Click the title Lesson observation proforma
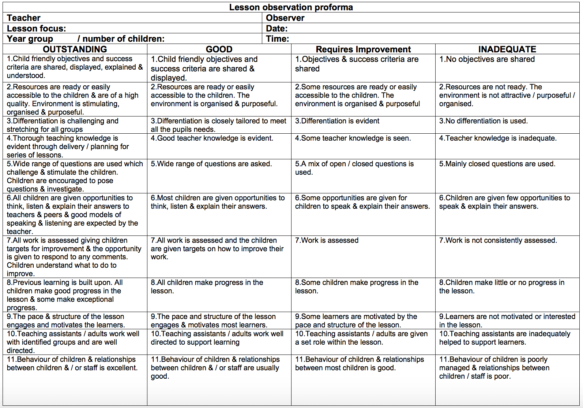[x=291, y=7]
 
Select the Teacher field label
[x=23, y=18]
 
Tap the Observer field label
[x=285, y=18]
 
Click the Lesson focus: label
[x=36, y=29]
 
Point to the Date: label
[x=277, y=29]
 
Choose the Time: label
[x=277, y=39]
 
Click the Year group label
[x=30, y=39]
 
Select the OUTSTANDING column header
[x=75, y=49]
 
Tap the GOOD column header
[x=219, y=49]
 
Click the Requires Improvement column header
[x=363, y=49]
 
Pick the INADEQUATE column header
[x=507, y=49]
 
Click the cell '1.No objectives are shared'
[x=487, y=59]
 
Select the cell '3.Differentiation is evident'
[x=337, y=121]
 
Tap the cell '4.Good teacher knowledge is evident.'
[x=212, y=138]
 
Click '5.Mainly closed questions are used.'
[x=497, y=164]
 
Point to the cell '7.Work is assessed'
[x=327, y=240]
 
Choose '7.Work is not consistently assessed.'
[x=498, y=240]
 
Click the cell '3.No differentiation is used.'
[x=483, y=121]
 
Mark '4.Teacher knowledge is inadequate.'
[x=498, y=138]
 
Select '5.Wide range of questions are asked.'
[x=211, y=164]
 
